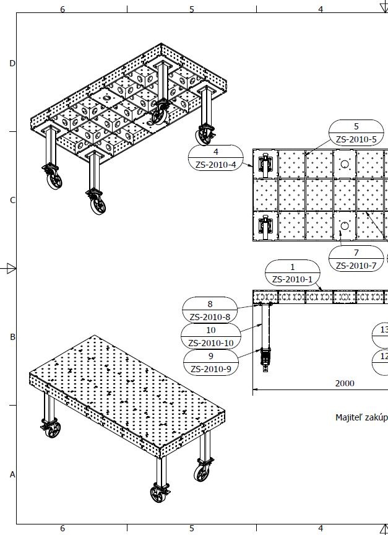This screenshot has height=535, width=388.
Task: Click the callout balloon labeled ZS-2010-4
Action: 215,158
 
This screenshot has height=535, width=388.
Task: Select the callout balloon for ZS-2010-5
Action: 356,133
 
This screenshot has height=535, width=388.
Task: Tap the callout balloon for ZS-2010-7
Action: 356,259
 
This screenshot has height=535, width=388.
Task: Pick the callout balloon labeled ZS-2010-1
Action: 293,273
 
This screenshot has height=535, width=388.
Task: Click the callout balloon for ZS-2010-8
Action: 210,310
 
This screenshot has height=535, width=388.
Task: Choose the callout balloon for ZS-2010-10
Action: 210,336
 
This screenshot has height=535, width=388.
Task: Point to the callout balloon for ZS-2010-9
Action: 210,363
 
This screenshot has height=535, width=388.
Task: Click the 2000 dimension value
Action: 345,383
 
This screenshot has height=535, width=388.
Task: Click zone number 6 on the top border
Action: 62,9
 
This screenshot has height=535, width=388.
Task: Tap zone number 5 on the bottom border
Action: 191,528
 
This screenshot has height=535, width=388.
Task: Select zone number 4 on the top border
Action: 321,9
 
